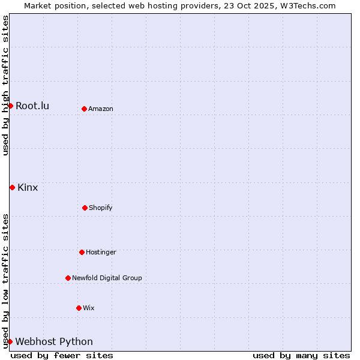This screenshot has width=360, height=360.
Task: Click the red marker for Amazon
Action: tap(85, 109)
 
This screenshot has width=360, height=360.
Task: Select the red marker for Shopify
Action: tap(85, 208)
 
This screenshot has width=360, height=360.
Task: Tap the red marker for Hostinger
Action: tap(82, 252)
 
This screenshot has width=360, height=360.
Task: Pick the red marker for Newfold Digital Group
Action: tap(68, 278)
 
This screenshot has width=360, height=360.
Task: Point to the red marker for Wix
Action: tap(79, 308)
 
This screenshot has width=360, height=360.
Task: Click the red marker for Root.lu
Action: tap(10, 106)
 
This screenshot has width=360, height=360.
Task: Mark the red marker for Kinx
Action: tap(12, 187)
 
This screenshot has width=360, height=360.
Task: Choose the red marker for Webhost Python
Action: tap(10, 341)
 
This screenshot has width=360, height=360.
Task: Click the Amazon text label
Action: tap(101, 109)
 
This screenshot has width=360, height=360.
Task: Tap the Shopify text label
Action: tap(101, 208)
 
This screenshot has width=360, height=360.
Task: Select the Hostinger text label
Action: tap(101, 253)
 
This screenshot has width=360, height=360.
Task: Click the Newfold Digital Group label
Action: tap(107, 278)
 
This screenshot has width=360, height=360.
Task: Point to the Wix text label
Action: tap(89, 308)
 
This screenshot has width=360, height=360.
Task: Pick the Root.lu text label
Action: tap(32, 106)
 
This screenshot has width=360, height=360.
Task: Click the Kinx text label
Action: tap(28, 188)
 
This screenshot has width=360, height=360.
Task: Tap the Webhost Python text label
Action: tap(54, 342)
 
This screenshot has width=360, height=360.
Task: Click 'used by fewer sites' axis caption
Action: tap(62, 355)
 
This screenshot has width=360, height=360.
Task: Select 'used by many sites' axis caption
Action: tap(301, 355)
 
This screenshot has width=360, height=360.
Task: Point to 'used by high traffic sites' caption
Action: tap(6, 86)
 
